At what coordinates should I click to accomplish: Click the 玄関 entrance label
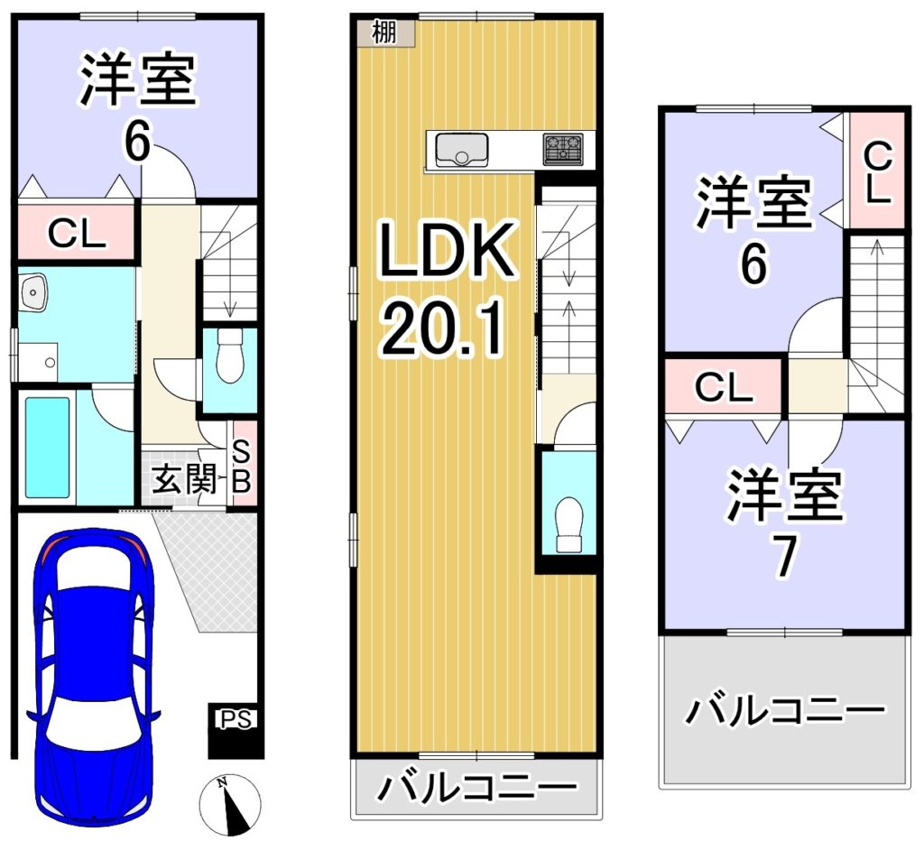coord(184,480)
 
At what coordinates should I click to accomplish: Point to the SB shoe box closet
coord(242,464)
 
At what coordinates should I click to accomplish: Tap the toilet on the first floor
coord(229,356)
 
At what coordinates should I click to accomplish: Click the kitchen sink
coord(461,150)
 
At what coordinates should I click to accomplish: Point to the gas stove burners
coord(563,149)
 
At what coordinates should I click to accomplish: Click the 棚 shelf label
coord(384,32)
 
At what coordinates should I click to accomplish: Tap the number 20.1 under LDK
coord(442,328)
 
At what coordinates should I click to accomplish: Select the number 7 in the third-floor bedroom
coord(786,557)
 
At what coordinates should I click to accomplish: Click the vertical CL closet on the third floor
coord(877,171)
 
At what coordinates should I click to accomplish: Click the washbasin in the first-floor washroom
coord(33,291)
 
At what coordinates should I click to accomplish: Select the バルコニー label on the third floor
coord(784,711)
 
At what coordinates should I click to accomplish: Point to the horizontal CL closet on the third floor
coord(724,386)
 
